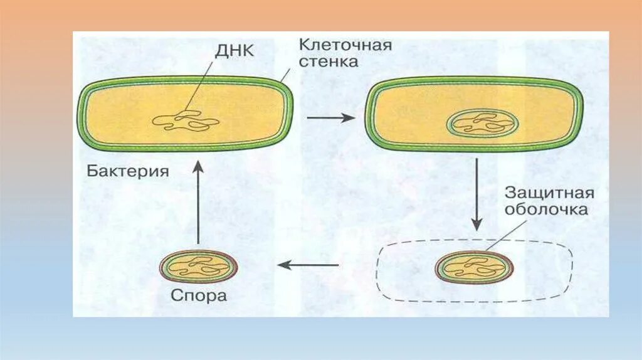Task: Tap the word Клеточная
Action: [345, 45]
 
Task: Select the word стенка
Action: [328, 61]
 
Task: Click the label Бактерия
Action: [128, 171]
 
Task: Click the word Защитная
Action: [550, 193]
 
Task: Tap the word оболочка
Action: [547, 209]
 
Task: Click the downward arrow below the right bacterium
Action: [476, 194]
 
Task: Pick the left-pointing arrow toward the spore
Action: [309, 265]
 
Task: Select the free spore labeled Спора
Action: [199, 267]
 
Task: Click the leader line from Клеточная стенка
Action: [286, 77]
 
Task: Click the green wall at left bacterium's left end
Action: [80, 115]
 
